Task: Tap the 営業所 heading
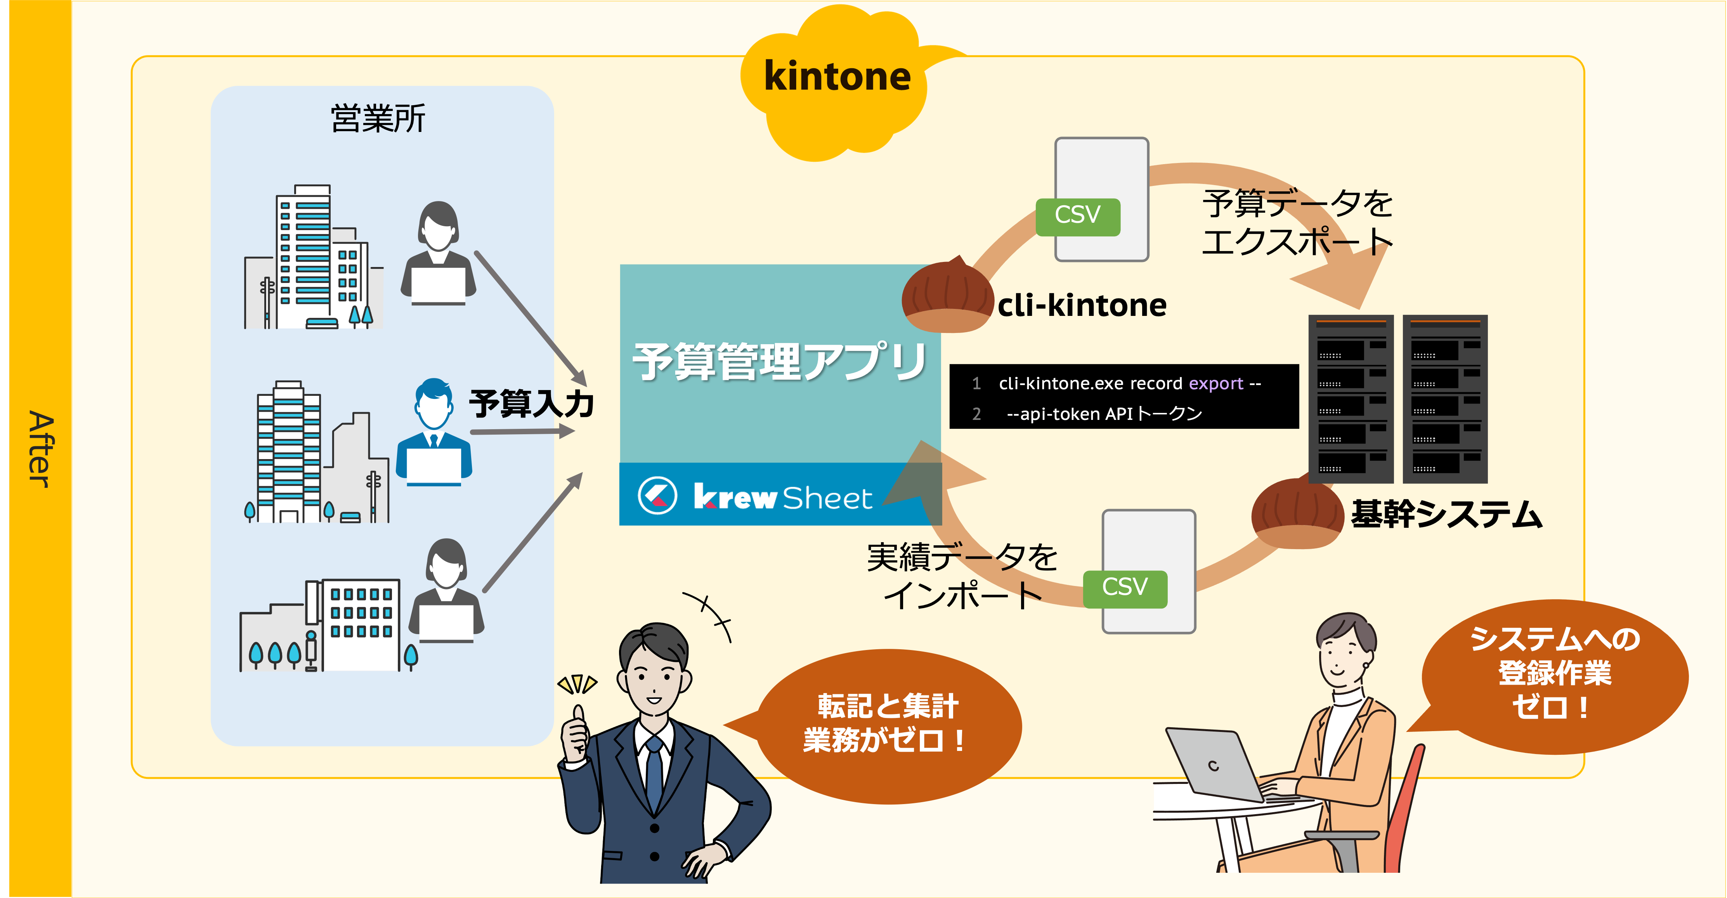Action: tap(378, 119)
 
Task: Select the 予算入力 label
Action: tap(531, 404)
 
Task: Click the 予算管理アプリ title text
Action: tap(780, 362)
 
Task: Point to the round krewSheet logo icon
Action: tap(657, 496)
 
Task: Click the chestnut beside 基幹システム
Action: tap(1297, 515)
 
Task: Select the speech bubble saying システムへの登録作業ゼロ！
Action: tap(1554, 674)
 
